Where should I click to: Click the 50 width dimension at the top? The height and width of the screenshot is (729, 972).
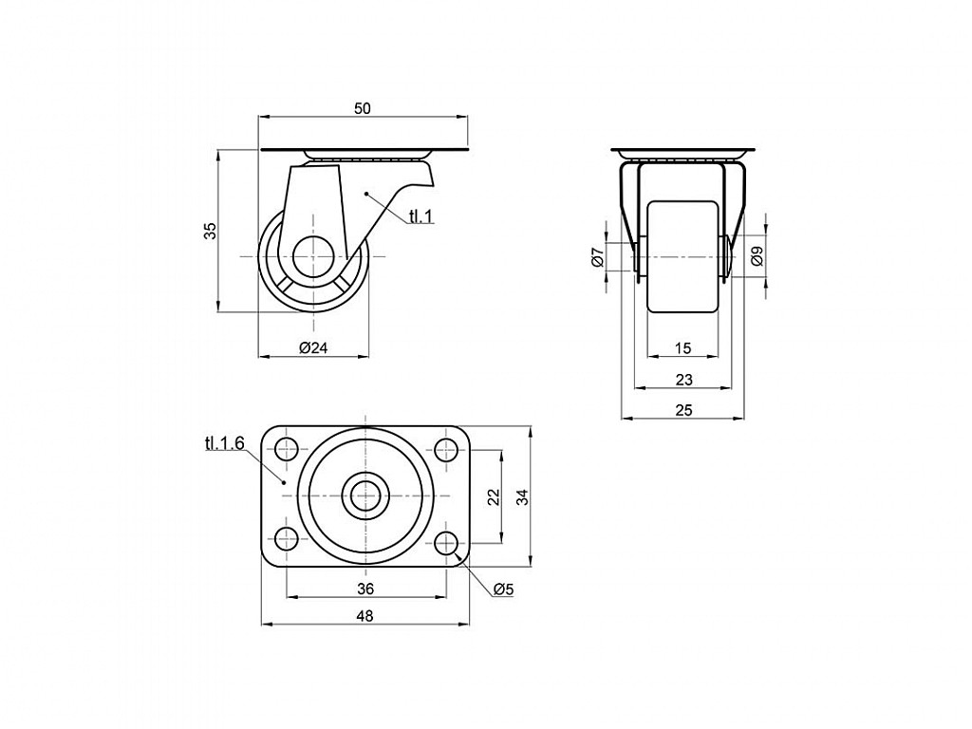point(362,108)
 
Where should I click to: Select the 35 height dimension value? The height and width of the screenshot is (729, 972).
point(211,231)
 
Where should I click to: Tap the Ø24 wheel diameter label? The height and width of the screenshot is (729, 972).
point(313,347)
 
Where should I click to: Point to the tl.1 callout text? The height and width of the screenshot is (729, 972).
point(421,215)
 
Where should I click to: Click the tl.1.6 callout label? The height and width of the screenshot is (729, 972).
point(224,442)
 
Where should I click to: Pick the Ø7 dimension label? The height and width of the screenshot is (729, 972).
point(598,256)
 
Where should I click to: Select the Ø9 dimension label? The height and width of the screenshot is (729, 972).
point(757,256)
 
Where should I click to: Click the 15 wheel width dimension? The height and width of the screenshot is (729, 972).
point(682,348)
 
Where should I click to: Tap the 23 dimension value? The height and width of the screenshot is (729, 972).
point(683,380)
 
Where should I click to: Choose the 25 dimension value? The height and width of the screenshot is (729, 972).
point(683,410)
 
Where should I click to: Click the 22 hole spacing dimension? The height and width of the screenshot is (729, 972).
point(494,496)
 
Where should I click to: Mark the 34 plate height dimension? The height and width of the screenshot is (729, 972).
point(524,496)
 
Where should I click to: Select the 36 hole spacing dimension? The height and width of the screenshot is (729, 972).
point(365,589)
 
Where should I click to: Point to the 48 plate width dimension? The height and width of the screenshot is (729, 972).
point(365,615)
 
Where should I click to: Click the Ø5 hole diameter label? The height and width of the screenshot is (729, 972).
point(504,589)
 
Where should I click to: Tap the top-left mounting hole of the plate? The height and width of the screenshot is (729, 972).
point(286,448)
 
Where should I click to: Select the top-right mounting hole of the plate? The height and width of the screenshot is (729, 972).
point(446,448)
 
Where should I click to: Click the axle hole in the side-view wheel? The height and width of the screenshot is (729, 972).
point(313,256)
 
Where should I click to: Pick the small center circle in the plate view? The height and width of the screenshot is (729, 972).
point(365,495)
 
